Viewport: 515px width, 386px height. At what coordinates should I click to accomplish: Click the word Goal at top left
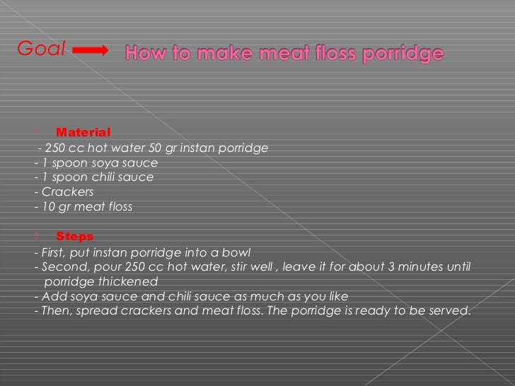pos(41,49)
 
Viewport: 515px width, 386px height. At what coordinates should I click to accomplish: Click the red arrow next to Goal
pos(90,50)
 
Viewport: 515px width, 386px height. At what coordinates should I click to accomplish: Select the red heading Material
pos(83,132)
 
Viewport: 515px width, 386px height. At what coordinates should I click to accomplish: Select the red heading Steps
pos(74,236)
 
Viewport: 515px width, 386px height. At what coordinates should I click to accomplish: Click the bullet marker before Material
pos(37,131)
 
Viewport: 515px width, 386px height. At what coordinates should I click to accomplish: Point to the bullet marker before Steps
pos(37,235)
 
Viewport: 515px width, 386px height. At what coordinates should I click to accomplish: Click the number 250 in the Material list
pos(54,148)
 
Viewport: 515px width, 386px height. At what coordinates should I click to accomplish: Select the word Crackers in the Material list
pos(67,192)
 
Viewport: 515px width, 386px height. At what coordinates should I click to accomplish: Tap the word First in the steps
pos(57,252)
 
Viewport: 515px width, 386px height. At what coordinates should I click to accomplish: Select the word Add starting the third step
pos(52,296)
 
